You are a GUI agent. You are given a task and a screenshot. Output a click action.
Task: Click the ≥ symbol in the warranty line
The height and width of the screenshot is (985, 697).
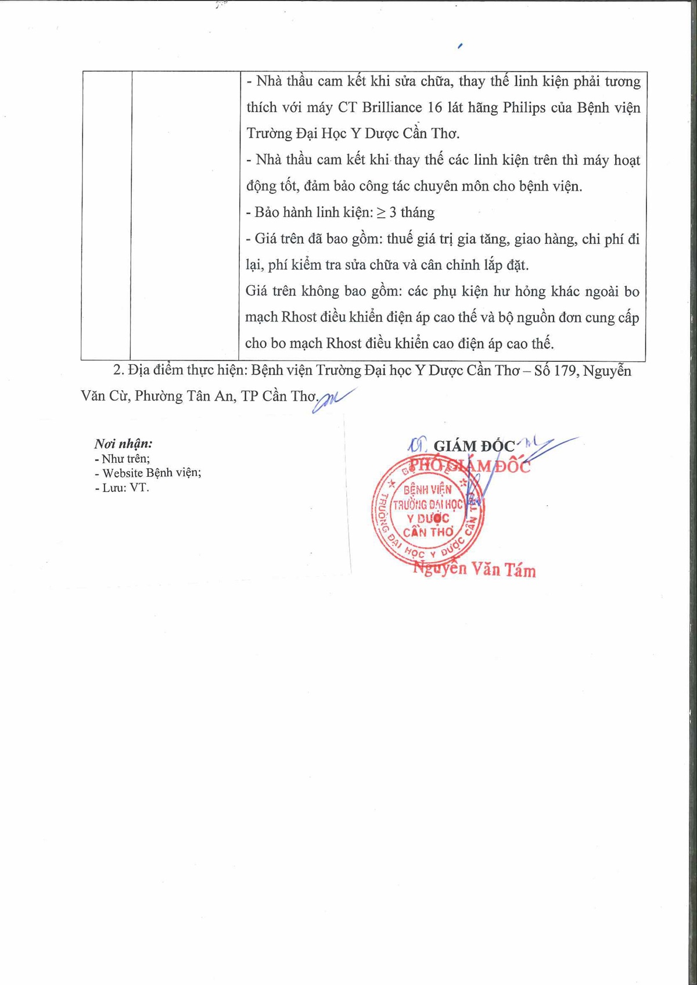381,213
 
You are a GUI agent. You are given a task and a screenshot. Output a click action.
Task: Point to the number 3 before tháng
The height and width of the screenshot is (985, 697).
393,213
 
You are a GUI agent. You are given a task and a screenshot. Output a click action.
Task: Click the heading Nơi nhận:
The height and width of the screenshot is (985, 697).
123,444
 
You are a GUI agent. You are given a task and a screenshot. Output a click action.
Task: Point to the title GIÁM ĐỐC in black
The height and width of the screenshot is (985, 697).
474,447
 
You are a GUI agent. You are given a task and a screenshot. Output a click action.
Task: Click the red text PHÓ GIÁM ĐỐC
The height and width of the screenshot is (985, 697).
469,466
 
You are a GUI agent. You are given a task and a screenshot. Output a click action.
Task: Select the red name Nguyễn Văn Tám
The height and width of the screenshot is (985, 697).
474,570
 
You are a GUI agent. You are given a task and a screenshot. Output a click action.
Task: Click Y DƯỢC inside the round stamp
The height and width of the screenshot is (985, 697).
428,519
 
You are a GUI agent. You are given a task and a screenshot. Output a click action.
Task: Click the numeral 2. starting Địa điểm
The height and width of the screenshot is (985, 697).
118,371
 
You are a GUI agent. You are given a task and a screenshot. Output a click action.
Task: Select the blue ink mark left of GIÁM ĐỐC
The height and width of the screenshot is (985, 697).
416,445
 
